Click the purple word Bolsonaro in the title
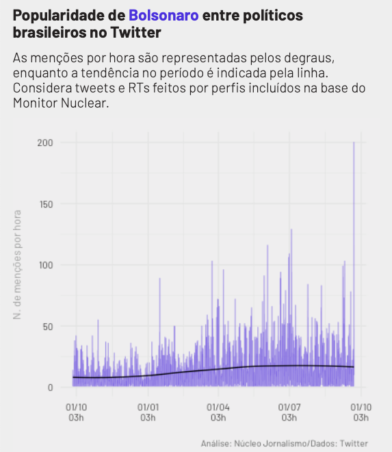(x=164, y=15)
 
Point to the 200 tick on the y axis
(x=45, y=142)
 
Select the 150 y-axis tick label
(x=46, y=204)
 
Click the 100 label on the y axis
(x=46, y=265)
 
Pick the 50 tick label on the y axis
(x=48, y=327)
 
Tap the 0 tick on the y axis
(x=51, y=388)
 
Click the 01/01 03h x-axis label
(x=148, y=412)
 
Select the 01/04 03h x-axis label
(x=218, y=412)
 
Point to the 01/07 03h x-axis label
(x=289, y=412)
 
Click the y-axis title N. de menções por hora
(x=17, y=264)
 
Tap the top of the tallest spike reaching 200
(x=354, y=142)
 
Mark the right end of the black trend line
(x=354, y=366)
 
